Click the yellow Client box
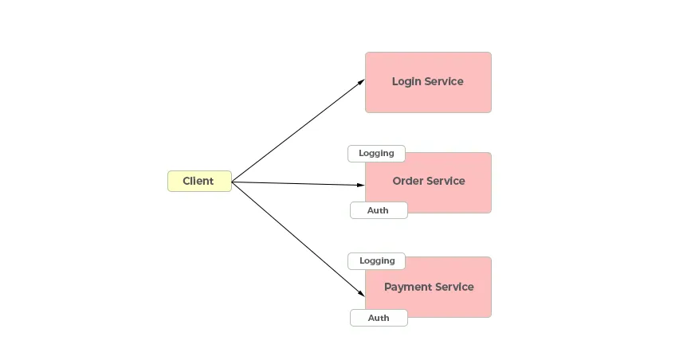coord(199,181)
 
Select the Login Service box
coord(428,82)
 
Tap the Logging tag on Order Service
coord(376,154)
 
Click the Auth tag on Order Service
coord(379,210)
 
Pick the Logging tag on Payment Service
coord(376,261)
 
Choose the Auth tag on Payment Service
coord(379,318)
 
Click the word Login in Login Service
coord(406,81)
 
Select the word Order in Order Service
coord(407,181)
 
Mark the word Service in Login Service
coord(444,81)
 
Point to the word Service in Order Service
coord(446,181)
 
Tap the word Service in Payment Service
coord(454,287)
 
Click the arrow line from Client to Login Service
coord(298,131)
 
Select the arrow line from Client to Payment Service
coord(298,239)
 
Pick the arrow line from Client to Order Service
coord(298,184)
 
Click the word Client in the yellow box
coord(198,181)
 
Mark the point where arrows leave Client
coord(232,182)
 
